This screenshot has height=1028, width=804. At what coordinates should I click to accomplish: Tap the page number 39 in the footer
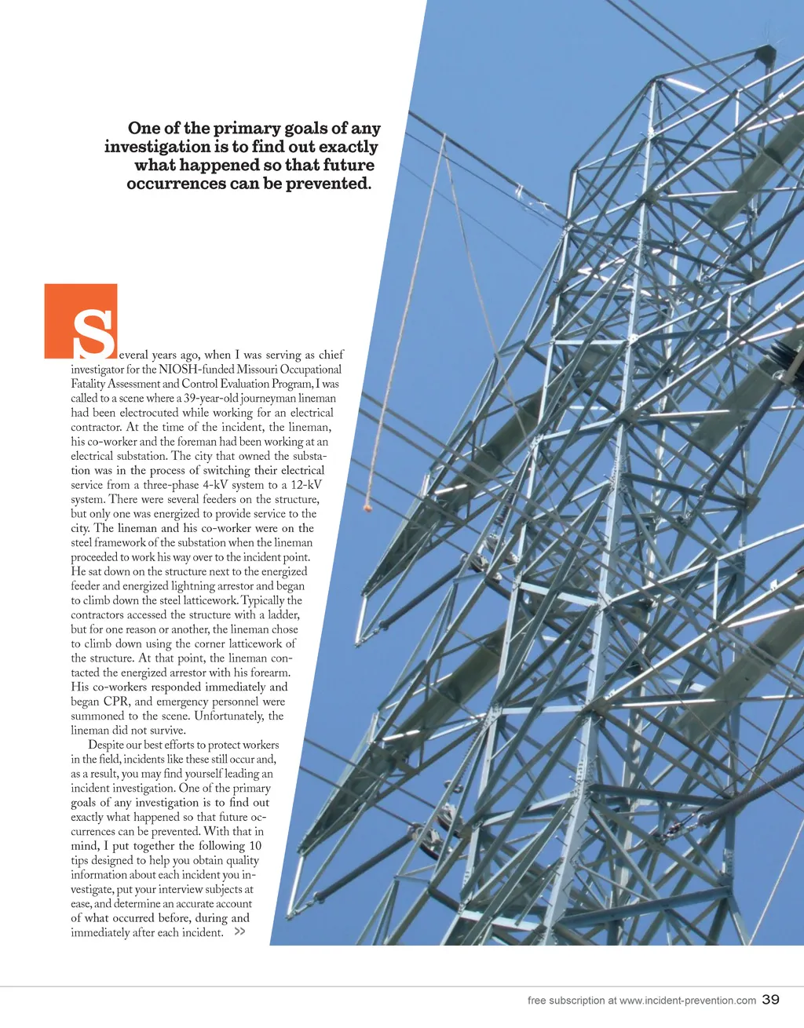(x=770, y=999)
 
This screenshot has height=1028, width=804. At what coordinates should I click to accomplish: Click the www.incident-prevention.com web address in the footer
(x=687, y=1000)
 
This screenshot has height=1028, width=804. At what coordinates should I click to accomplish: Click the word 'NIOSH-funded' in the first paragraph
(x=196, y=369)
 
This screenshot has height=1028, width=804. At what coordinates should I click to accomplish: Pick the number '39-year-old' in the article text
(x=210, y=398)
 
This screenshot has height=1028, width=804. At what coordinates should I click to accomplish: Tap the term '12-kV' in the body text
(x=306, y=485)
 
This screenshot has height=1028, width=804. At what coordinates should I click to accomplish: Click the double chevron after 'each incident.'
(x=239, y=931)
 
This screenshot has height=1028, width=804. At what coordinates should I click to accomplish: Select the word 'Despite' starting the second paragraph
(x=105, y=745)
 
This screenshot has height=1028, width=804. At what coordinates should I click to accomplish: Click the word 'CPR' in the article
(x=115, y=702)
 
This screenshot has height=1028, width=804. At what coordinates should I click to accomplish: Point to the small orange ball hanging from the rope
(x=366, y=508)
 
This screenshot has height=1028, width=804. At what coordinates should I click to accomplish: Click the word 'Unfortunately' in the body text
(x=229, y=716)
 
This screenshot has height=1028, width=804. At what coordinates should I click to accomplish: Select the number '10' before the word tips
(x=255, y=845)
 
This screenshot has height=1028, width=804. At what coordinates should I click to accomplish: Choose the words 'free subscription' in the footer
(x=565, y=1000)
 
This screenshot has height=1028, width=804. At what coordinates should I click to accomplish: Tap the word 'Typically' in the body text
(x=263, y=600)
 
